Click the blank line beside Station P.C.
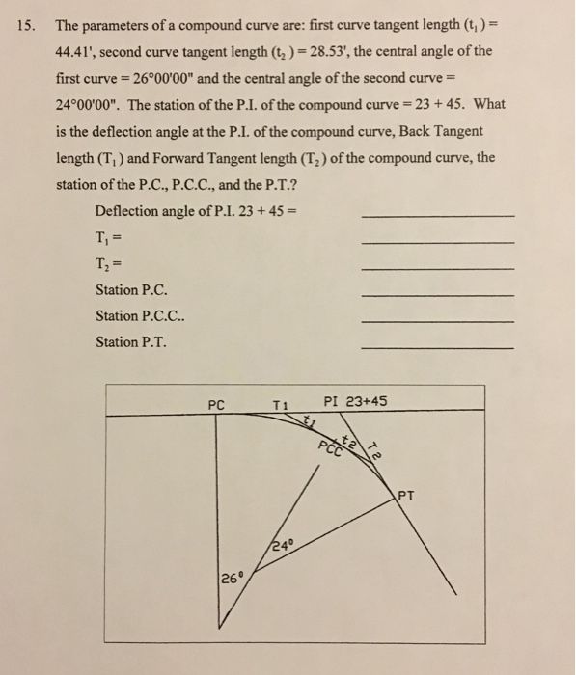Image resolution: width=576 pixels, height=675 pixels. click(x=436, y=293)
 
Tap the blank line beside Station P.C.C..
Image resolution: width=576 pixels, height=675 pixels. click(x=436, y=320)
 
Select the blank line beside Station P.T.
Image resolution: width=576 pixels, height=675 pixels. click(x=436, y=347)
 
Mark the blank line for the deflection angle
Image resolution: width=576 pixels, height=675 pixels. click(x=436, y=214)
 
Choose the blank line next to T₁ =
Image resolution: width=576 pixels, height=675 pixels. click(x=436, y=240)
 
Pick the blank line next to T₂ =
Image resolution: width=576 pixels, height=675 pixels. click(x=436, y=267)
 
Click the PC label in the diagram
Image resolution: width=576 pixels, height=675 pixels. click(x=216, y=405)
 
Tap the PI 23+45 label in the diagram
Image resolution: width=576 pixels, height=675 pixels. click(x=358, y=403)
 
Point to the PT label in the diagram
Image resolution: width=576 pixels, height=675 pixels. click(x=407, y=498)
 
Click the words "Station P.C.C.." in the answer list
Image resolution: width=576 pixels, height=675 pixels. click(x=141, y=315)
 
